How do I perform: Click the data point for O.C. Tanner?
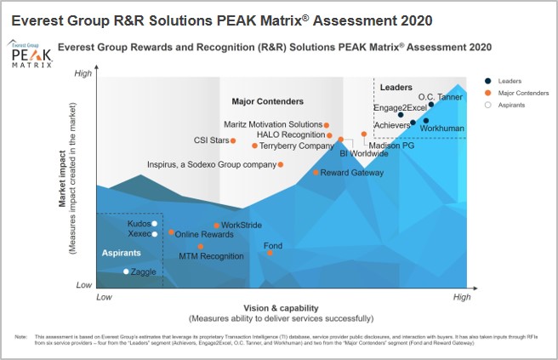tap(431, 105)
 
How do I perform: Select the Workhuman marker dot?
tap(426, 120)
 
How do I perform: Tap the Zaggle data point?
tap(126, 271)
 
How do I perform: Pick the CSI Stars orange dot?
tap(233, 140)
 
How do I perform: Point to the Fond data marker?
tap(270, 253)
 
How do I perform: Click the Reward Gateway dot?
tap(316, 172)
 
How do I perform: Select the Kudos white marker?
tap(154, 224)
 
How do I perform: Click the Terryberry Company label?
tap(296, 146)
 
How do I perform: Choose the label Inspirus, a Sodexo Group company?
tap(212, 164)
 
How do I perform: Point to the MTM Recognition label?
tap(211, 255)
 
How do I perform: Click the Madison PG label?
tap(392, 146)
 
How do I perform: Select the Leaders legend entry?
tap(510, 81)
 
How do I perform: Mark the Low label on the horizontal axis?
tap(104, 297)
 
